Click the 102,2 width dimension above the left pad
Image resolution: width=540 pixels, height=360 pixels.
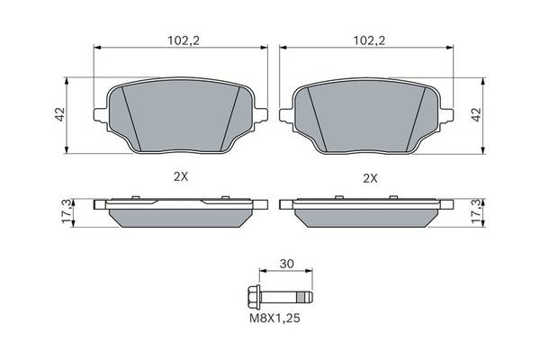pos(184,40)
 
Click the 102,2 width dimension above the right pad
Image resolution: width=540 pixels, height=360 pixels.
pos(370,40)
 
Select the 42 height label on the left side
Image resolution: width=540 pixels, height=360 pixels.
pos(60,114)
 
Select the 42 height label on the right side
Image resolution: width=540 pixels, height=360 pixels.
pos(476,114)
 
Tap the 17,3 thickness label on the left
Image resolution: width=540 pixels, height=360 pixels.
pos(67,211)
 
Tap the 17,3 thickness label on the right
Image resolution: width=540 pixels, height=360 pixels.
pos(477,211)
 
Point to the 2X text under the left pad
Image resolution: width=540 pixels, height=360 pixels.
pos(181,177)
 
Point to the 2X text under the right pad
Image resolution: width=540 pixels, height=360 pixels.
pos(371,178)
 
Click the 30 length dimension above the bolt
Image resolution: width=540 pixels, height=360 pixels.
pos(286,265)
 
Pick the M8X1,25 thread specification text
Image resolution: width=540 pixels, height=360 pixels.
pos(274,319)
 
